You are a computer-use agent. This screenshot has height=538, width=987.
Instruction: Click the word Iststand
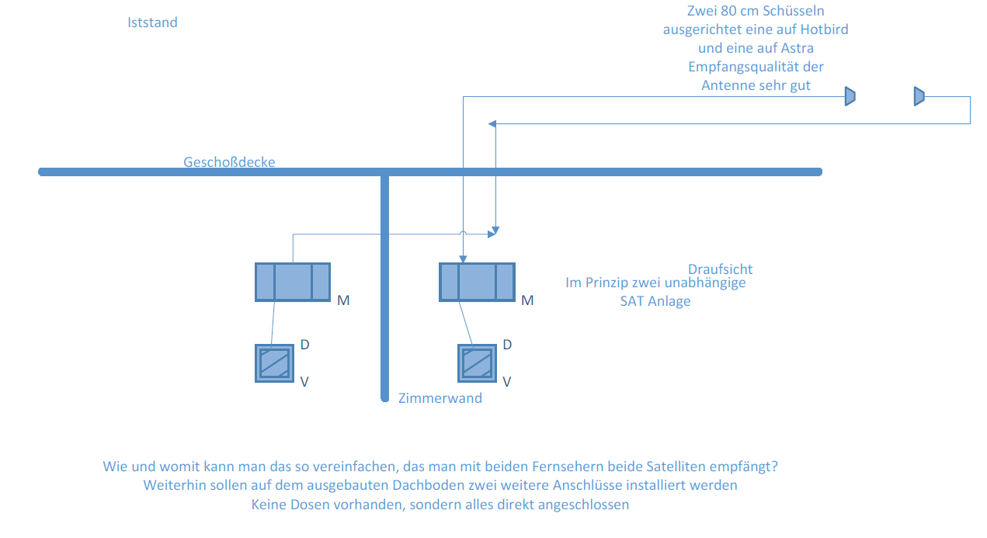click(152, 23)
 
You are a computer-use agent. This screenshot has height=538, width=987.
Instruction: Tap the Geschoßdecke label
click(229, 161)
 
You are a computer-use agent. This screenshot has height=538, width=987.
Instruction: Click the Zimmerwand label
click(440, 398)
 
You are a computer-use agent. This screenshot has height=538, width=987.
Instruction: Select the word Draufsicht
click(720, 269)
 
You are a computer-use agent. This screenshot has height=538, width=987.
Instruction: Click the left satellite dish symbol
click(850, 96)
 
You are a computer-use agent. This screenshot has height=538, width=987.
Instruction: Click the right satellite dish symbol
click(919, 96)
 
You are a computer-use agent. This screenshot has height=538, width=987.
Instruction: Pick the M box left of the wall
click(293, 282)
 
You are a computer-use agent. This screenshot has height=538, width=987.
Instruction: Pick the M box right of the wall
click(477, 282)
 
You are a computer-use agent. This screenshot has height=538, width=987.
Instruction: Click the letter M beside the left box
click(343, 300)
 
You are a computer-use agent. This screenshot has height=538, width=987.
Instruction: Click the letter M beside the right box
click(527, 300)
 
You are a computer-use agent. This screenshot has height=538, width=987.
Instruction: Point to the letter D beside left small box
click(305, 344)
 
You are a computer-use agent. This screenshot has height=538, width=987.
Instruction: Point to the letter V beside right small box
click(507, 381)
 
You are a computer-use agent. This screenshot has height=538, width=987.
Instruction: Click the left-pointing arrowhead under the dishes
click(492, 123)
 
